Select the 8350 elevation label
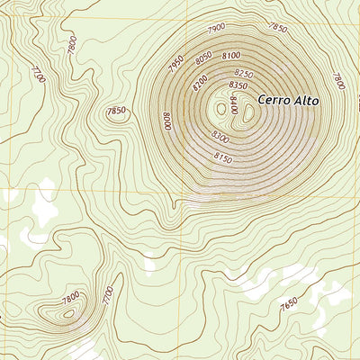238,85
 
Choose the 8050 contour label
206,59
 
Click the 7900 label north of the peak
216,29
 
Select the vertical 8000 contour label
166,120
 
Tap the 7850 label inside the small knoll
116,111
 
